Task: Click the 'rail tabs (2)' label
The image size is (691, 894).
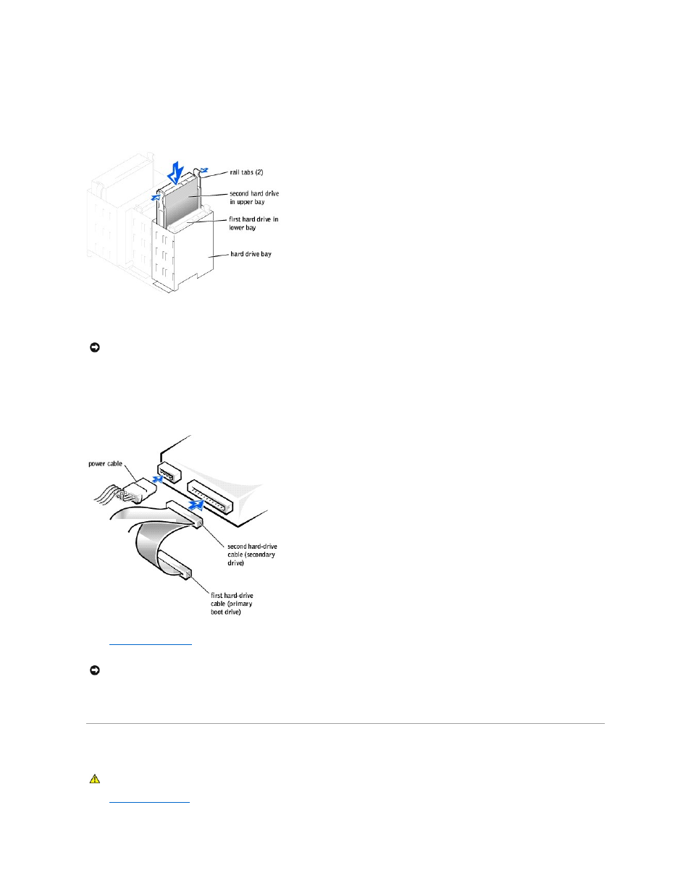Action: (246, 172)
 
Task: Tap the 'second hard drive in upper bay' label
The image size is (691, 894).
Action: (254, 198)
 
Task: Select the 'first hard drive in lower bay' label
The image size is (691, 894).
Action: (254, 223)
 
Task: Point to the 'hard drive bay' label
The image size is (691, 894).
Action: (251, 254)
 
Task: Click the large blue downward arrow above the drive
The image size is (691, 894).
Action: (175, 172)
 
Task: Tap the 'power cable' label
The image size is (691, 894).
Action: (105, 463)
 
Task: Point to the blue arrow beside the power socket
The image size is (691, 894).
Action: (155, 478)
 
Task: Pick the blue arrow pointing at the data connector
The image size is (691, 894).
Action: (193, 505)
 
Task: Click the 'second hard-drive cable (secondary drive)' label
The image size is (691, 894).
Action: (251, 554)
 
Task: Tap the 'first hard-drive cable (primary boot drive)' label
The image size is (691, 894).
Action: (232, 604)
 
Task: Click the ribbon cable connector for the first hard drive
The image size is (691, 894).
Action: (173, 564)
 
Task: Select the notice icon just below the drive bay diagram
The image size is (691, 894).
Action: (94, 347)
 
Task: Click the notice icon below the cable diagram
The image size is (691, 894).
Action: (94, 670)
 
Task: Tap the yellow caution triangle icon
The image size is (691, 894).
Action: (94, 779)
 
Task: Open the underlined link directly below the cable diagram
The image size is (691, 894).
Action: (150, 642)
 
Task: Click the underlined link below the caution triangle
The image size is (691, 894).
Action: (148, 800)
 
